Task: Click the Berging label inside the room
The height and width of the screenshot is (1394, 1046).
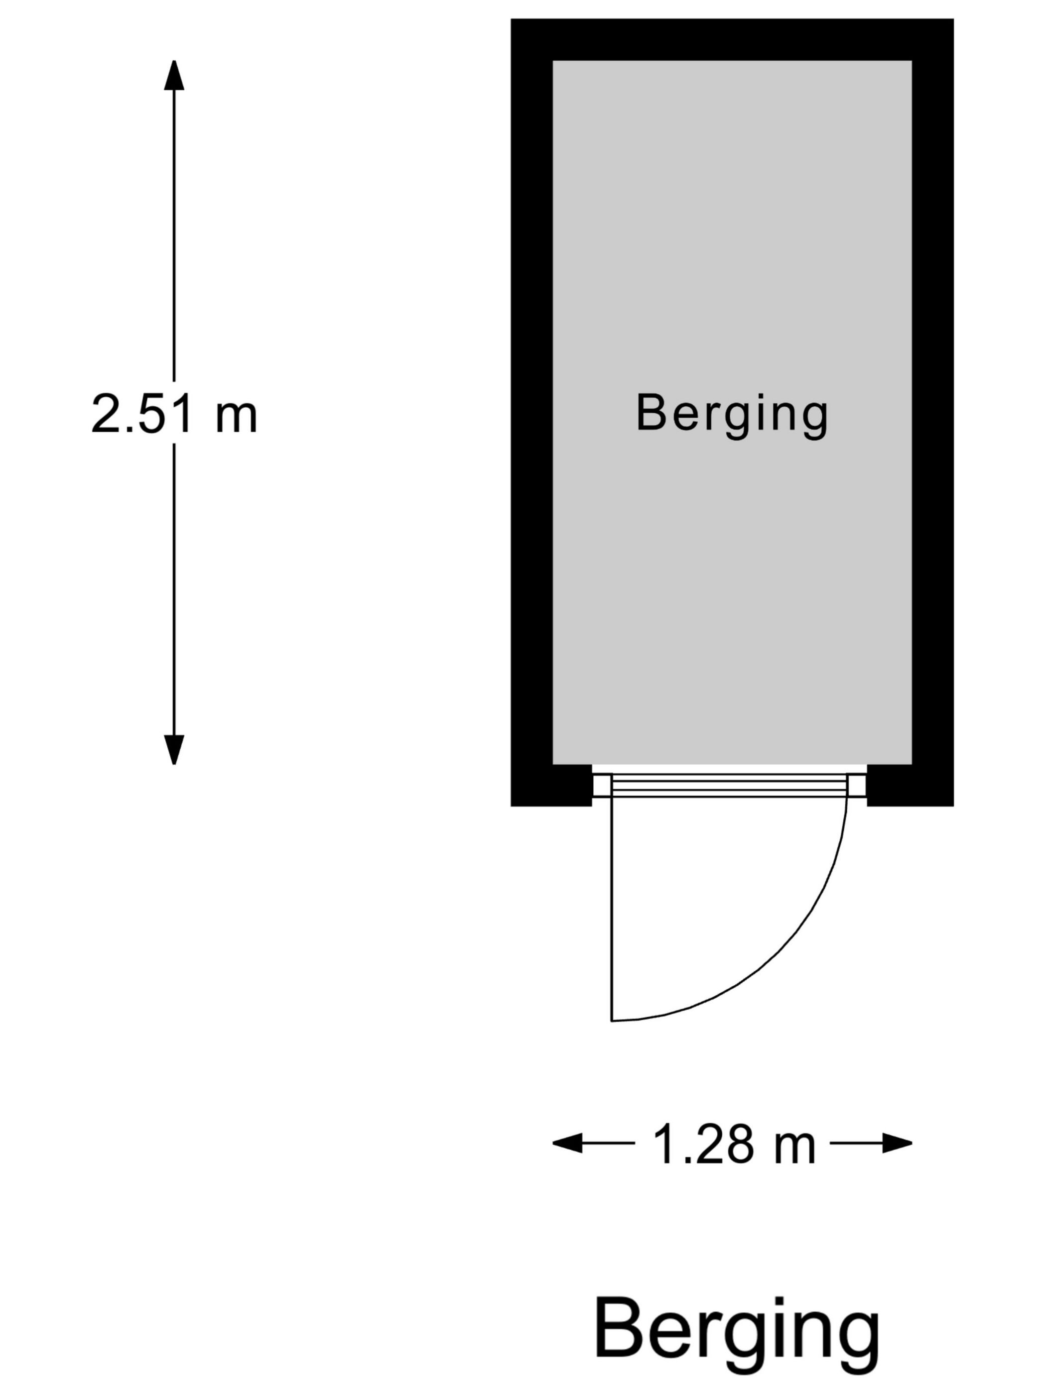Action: [x=731, y=414]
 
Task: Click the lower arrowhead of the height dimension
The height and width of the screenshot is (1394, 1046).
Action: [x=174, y=750]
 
